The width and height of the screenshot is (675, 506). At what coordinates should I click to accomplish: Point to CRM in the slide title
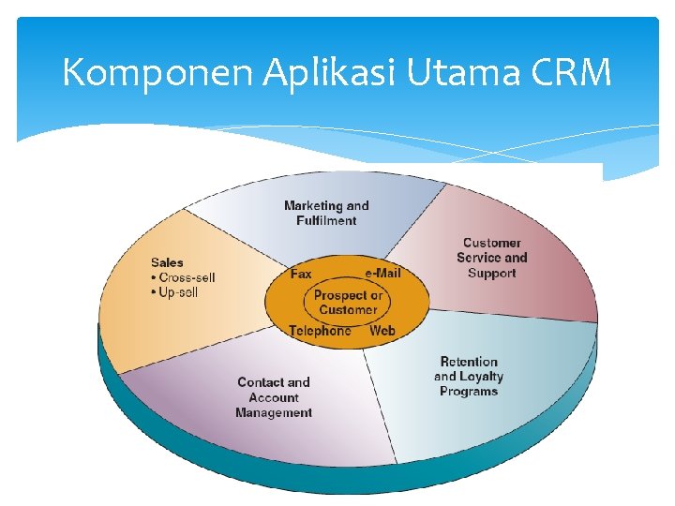click(x=566, y=72)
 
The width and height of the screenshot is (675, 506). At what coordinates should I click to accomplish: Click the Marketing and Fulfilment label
click(x=326, y=213)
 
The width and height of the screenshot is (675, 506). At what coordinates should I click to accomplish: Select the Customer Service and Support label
click(x=492, y=258)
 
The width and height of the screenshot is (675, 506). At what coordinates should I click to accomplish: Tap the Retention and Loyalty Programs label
click(x=469, y=377)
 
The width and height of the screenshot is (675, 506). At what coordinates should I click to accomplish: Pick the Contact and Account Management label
click(x=274, y=397)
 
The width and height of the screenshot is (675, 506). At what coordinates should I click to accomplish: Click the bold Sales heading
click(x=167, y=262)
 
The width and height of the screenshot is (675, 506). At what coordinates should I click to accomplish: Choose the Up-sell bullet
click(x=177, y=292)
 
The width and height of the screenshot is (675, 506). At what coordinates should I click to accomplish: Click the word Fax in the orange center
click(x=301, y=274)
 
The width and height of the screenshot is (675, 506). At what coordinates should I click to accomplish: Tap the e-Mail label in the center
click(x=382, y=273)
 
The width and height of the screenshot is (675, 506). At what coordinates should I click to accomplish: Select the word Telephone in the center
click(x=320, y=331)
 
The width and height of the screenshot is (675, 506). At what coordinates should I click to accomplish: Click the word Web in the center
click(x=382, y=331)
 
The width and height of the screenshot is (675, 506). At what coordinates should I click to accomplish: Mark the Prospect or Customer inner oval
click(x=347, y=302)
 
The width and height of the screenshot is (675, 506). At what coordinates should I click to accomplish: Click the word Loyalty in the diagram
click(x=481, y=377)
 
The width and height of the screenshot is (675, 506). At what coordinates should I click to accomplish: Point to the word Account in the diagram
click(x=274, y=397)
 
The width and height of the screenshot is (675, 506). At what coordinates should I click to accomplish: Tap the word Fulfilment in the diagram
click(x=326, y=221)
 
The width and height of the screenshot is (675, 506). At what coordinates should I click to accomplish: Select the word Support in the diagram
click(x=492, y=274)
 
